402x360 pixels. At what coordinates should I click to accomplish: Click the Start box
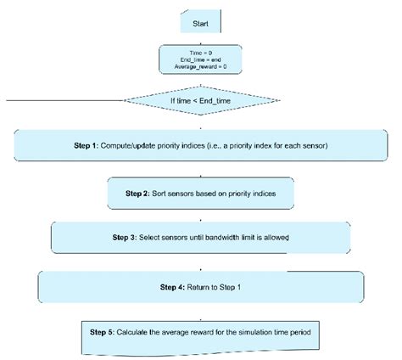[201, 24]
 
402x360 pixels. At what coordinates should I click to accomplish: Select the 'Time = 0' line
[201, 52]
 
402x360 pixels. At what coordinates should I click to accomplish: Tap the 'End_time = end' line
[201, 59]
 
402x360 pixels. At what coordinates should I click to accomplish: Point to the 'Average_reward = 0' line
[201, 65]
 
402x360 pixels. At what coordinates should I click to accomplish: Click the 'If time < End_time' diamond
[201, 102]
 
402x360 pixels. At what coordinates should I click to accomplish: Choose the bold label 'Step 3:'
[129, 238]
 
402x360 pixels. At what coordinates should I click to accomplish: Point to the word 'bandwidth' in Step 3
[233, 238]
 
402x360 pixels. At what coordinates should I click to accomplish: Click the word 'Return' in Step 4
[202, 286]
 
